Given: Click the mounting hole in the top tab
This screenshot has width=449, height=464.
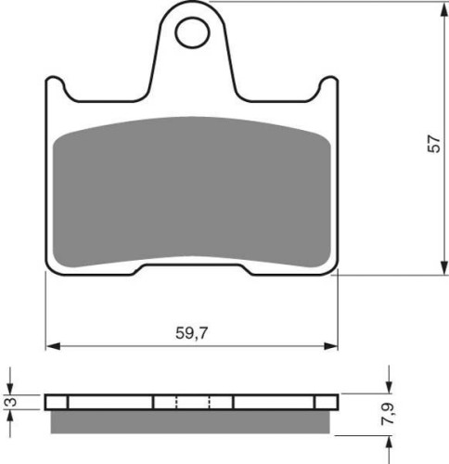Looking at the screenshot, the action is (192, 32).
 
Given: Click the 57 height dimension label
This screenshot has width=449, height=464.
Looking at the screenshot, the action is (433, 143).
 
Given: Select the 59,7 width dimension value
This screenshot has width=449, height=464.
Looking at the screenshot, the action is (192, 333).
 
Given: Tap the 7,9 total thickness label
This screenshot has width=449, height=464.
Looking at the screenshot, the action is (388, 414).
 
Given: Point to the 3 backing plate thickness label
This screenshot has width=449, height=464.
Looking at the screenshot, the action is (12, 402).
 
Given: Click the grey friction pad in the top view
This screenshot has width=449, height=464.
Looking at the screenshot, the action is (192, 192).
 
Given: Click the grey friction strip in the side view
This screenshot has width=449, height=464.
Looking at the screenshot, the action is (190, 421).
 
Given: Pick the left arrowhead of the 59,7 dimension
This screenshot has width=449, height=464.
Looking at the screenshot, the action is (53, 346).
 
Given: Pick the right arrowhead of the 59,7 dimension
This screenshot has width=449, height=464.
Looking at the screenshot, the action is (331, 346).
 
